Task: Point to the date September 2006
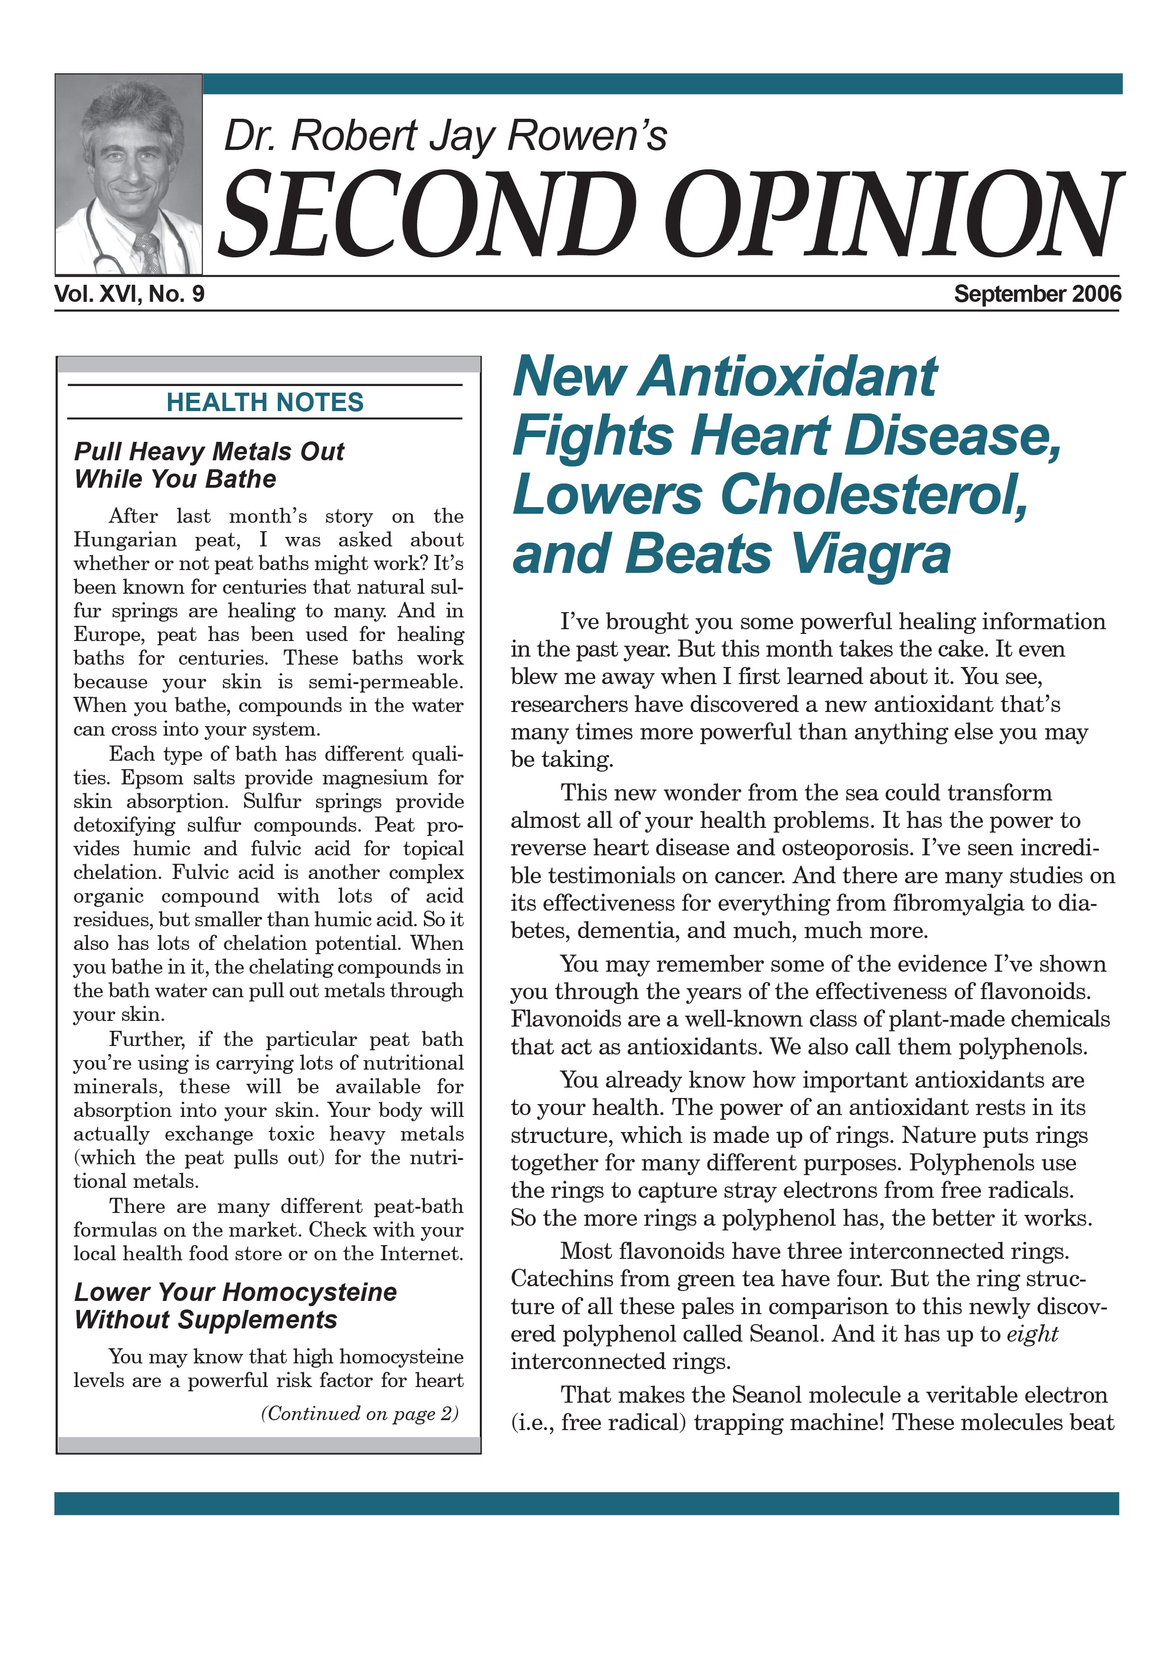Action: pyautogui.click(x=1037, y=294)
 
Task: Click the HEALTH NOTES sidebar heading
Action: pyautogui.click(x=265, y=403)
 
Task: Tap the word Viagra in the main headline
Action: pyautogui.click(x=870, y=554)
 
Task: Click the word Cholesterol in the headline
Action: pyautogui.click(x=874, y=495)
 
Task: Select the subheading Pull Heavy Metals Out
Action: pyautogui.click(x=209, y=452)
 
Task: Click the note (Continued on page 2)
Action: pyautogui.click(x=360, y=1414)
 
